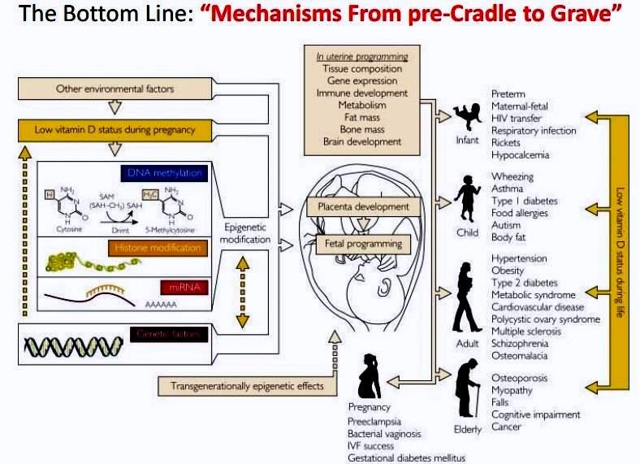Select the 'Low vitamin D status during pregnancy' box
click(x=115, y=129)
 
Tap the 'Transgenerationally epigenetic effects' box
click(x=245, y=384)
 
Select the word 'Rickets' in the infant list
click(x=508, y=143)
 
